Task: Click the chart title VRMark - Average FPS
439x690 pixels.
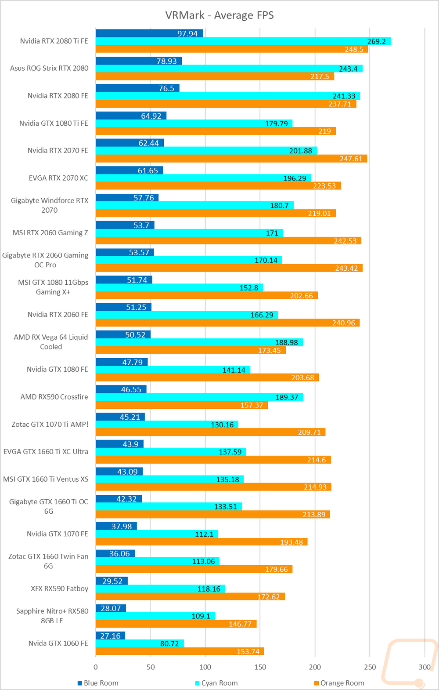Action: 219,15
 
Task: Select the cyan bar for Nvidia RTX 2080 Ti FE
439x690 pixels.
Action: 243,41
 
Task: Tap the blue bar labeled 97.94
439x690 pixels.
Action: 149,33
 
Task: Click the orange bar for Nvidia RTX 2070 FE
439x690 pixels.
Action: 231,159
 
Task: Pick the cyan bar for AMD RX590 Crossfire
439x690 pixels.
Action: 200,397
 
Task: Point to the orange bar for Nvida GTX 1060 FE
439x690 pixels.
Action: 180,651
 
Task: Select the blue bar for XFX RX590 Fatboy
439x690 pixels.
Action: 112,581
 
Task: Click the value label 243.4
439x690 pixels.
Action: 348,69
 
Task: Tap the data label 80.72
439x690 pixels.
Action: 169,643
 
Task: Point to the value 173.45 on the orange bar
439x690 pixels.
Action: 269,350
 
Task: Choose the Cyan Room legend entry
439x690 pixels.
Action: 216,683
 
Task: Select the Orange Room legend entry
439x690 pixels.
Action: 339,683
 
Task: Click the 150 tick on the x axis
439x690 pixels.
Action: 260,667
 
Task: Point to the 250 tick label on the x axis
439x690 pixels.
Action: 370,667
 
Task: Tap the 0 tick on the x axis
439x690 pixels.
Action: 96,667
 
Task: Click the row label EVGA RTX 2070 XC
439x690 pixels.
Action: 58,178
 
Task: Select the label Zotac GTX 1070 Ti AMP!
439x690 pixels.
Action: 50,425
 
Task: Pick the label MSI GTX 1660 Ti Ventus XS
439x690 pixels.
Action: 46,479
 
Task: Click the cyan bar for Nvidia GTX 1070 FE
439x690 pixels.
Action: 157,534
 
